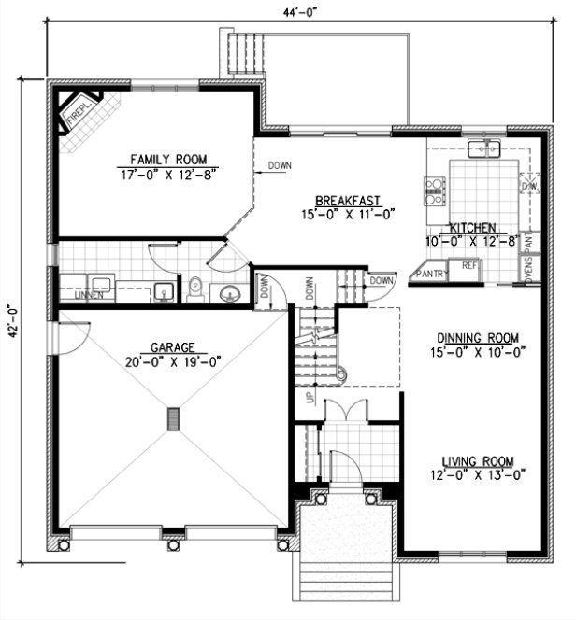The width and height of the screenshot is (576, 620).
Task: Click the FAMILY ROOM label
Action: tap(168, 159)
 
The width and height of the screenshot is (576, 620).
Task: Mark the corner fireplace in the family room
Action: tap(79, 111)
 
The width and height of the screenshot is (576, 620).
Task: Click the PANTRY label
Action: tap(432, 274)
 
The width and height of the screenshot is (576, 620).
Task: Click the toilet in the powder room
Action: tap(194, 289)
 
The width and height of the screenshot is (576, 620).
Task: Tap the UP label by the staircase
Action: tap(309, 399)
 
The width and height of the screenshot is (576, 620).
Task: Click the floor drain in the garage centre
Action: tap(171, 418)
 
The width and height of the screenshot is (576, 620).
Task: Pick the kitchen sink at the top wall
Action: tap(486, 148)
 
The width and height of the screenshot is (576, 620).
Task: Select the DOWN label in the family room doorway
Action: tap(279, 166)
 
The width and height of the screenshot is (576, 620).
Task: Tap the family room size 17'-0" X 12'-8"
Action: tap(168, 174)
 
